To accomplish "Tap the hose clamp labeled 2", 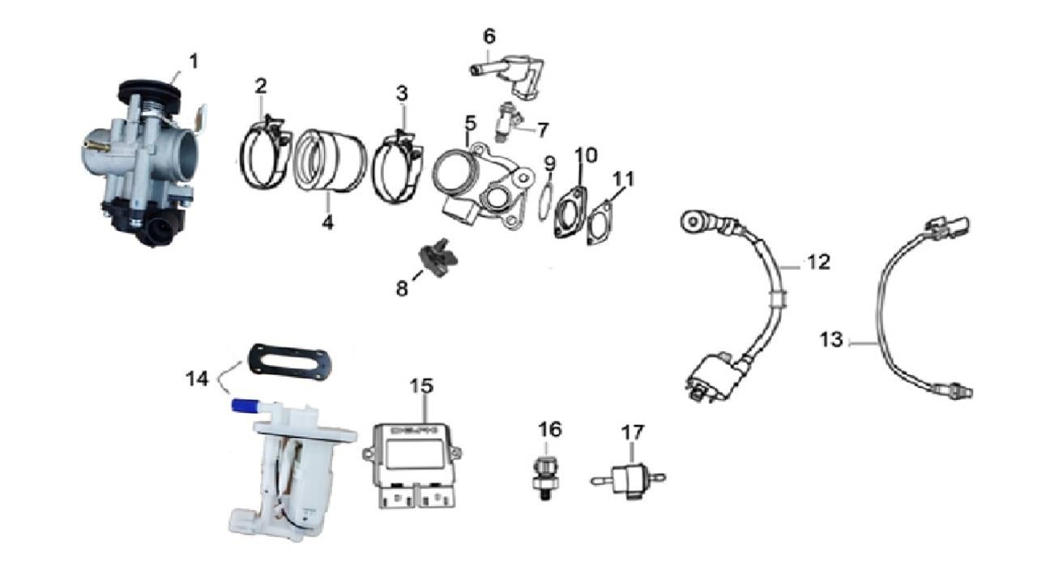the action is tap(265, 155).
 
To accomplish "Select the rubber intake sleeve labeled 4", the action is tap(329, 161).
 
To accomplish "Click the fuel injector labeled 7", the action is tap(508, 121).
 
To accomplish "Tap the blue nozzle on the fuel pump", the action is tap(248, 406).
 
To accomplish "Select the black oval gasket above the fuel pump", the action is tap(289, 362).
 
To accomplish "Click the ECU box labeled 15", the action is tap(412, 465).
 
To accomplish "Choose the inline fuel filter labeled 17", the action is tap(628, 480).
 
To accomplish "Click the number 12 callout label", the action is tap(818, 262).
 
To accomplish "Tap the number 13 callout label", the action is tap(831, 339).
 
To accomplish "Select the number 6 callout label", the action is tap(489, 36).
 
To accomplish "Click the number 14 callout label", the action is tap(197, 379).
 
